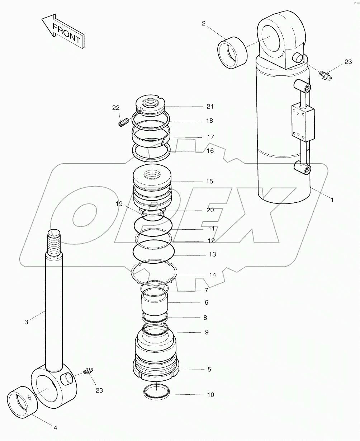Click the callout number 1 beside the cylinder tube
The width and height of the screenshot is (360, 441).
tap(332, 200)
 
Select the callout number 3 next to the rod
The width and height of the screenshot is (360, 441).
tap(26, 322)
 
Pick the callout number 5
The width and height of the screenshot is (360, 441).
tap(209, 369)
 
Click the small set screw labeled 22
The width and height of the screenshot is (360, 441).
tap(123, 122)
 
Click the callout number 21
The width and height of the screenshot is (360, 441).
tap(210, 106)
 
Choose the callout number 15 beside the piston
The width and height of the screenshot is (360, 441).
tap(209, 181)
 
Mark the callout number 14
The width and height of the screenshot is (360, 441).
tap(212, 275)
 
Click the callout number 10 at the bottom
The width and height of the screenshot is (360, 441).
tap(210, 395)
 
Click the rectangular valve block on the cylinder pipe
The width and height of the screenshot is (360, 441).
tap(303, 122)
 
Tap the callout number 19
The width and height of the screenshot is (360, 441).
tap(119, 204)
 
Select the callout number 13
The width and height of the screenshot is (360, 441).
tap(212, 254)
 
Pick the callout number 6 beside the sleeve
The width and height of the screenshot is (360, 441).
tap(206, 302)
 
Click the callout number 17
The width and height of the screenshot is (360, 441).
tap(210, 137)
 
